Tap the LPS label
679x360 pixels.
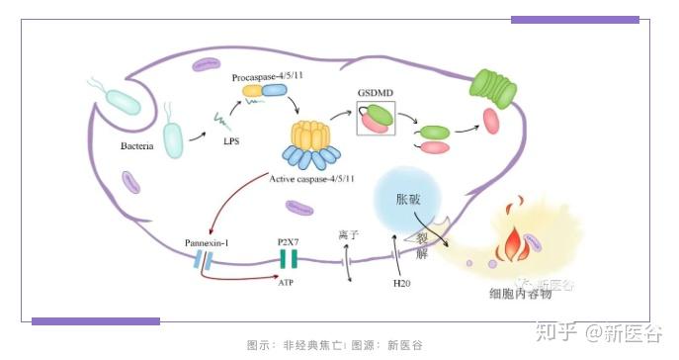[230, 141]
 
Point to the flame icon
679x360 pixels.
[514, 238]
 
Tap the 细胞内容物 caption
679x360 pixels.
[523, 294]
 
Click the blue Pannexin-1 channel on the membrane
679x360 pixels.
[203, 260]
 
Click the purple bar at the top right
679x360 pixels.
[574, 19]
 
